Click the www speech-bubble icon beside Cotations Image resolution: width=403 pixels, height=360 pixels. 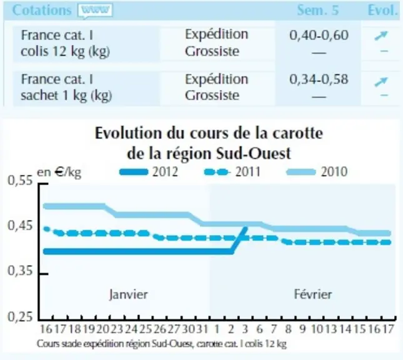[95, 11]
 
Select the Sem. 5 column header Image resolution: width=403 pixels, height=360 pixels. [317, 10]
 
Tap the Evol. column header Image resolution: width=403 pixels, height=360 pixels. [383, 10]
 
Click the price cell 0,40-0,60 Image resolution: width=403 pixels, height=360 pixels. [319, 35]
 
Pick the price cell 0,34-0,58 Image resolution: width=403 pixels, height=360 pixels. [319, 79]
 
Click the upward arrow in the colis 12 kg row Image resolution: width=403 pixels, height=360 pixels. [381, 36]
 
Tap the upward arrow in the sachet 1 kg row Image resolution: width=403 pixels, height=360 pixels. [381, 82]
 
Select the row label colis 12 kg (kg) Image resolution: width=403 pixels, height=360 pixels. [65, 51]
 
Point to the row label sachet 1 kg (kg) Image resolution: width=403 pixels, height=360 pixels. [66, 96]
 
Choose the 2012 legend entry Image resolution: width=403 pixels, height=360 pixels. [149, 172]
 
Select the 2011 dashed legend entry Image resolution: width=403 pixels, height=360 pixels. [232, 172]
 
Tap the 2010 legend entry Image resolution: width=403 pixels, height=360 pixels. [317, 172]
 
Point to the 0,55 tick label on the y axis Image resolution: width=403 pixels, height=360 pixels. [20, 180]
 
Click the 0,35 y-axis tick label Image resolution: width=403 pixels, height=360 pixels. [20, 271]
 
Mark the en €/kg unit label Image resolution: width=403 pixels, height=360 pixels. [59, 172]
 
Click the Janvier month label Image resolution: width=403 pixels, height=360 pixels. [129, 294]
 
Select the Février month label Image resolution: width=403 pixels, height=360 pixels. [313, 294]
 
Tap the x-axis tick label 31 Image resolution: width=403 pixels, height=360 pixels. [202, 329]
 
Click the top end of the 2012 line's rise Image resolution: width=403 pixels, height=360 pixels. [246, 228]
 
